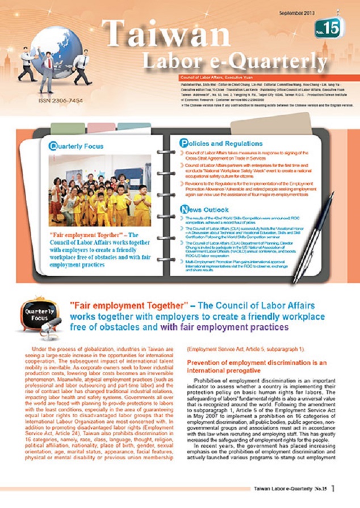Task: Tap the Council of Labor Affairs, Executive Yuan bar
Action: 219,76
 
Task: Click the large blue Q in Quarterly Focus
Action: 53,146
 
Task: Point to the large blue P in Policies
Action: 184,144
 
